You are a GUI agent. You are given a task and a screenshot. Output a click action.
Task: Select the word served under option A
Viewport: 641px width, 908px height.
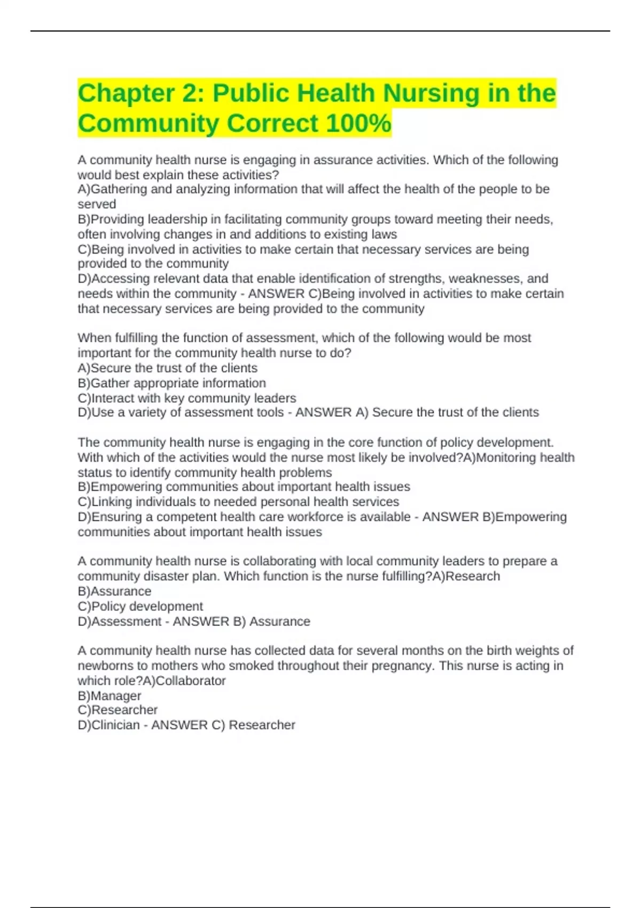(97, 204)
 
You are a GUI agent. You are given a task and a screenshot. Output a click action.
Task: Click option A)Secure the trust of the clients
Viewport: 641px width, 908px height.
(167, 368)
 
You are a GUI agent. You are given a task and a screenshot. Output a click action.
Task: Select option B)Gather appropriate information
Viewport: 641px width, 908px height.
(171, 383)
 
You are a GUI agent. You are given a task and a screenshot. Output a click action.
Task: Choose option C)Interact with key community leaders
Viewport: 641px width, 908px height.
(186, 398)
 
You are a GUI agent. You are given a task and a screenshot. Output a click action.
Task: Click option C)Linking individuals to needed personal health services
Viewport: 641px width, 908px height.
(238, 502)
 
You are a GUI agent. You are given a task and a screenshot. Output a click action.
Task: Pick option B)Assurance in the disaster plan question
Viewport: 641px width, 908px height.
(114, 591)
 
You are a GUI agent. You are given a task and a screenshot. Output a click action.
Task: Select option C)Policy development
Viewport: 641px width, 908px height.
(140, 606)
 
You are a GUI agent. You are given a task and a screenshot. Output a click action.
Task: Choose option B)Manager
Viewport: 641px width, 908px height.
(110, 696)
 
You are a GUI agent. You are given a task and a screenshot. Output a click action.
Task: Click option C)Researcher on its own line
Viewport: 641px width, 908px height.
(118, 710)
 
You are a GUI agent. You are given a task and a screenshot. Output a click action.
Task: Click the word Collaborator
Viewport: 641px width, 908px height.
(190, 681)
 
